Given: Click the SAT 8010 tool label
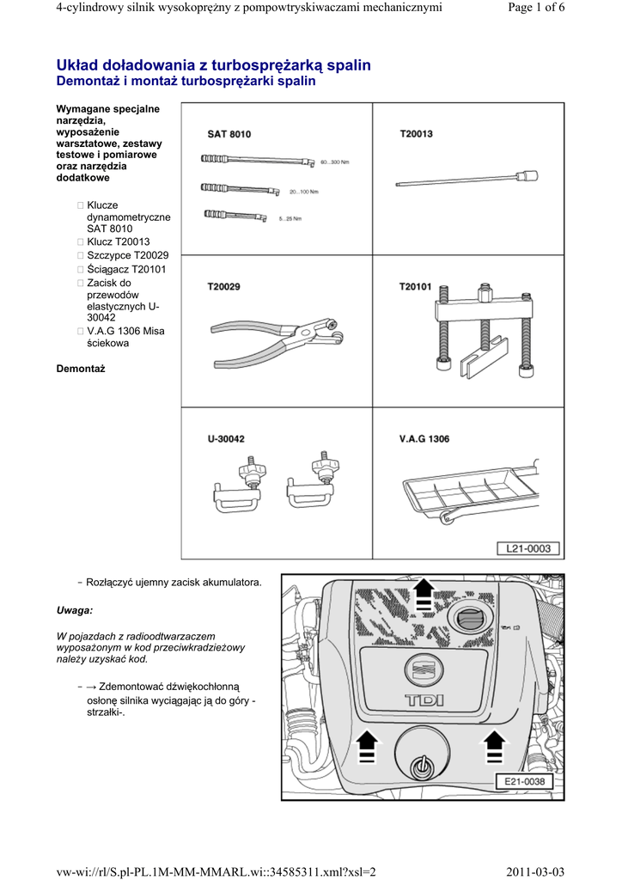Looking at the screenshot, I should (x=229, y=134).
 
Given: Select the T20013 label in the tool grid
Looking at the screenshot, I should (x=417, y=134).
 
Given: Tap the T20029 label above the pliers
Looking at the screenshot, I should (x=224, y=287).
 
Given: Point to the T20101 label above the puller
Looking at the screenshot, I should (x=417, y=287).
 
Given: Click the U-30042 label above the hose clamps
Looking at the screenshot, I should (x=226, y=439).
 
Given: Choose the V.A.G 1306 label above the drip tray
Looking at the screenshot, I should (x=424, y=439).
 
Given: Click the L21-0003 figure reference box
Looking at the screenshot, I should (x=527, y=548).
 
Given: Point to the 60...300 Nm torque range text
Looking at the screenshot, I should (x=334, y=162).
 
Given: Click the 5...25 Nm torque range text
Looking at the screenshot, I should (x=290, y=218).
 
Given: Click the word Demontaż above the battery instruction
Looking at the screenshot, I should (x=80, y=369).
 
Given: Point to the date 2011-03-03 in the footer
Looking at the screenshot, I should (x=536, y=871).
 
